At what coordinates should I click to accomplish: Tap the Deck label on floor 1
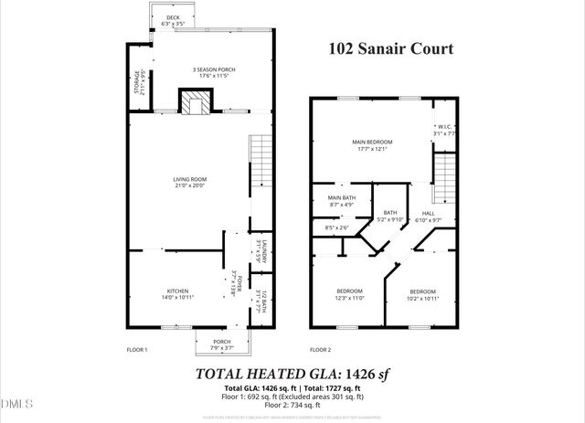(x=174, y=18)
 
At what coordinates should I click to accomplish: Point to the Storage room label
(x=140, y=82)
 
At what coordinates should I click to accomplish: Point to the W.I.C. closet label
(x=444, y=130)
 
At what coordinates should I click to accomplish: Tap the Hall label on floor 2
(x=429, y=217)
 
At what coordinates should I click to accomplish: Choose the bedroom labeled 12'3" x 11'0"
(x=348, y=294)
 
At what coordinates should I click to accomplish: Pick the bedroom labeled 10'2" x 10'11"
(x=422, y=294)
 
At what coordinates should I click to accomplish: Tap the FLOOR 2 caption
(x=320, y=350)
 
